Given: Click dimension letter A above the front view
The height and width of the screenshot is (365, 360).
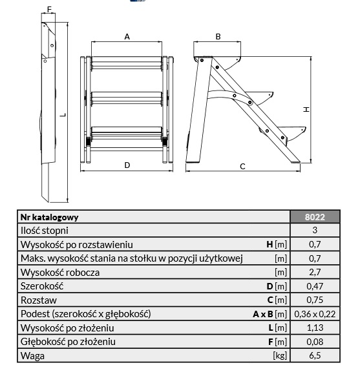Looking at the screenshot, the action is tap(127, 37).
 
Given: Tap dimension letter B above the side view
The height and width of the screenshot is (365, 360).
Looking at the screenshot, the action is tap(218, 37).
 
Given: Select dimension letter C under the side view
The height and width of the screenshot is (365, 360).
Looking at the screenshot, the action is tap(242, 167).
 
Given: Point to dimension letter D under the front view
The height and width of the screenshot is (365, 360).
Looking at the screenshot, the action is tap(127, 165).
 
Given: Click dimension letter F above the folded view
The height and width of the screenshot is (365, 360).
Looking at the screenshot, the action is tap(49, 10).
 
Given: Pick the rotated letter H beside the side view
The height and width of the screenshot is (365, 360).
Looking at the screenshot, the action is tap(306, 109).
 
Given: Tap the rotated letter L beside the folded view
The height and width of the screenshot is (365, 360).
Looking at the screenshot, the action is tap(63, 115).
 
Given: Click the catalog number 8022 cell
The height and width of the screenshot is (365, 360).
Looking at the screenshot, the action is tap(315, 217).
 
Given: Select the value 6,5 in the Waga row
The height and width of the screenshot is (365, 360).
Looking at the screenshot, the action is tap(315, 355).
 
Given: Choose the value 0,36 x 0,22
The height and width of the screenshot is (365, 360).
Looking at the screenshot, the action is tap(315, 314).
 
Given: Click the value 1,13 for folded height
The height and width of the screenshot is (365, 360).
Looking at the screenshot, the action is tap(315, 328).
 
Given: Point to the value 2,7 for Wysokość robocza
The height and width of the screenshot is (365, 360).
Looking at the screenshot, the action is tap(315, 272).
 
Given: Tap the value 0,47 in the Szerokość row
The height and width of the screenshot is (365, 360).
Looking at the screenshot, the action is tap(315, 286).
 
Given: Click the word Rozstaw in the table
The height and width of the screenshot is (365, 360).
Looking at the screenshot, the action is tap(39, 300).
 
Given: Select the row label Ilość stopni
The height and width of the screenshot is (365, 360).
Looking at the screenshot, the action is tap(45, 231).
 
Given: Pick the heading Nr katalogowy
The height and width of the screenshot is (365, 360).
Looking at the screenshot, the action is tap(49, 217).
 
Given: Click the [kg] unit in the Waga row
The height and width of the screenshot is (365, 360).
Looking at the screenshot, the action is tap(280, 355).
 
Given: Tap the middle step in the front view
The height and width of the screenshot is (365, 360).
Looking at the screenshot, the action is tap(127, 98).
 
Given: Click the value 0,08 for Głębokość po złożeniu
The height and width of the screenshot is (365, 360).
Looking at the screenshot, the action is tap(315, 342).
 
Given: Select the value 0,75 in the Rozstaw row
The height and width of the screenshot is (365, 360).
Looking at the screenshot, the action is tap(315, 300).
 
